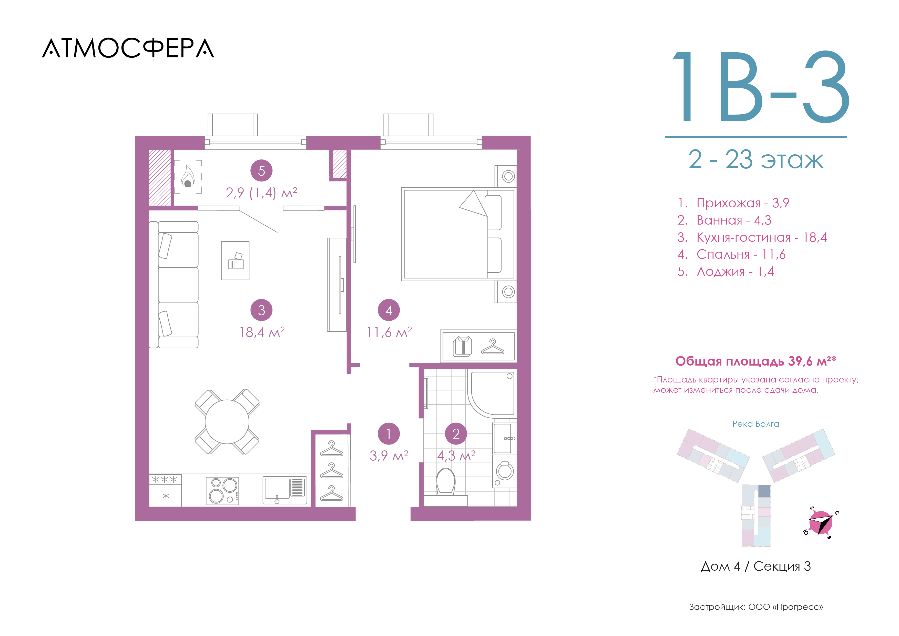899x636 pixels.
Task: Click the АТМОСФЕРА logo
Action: point(128,48)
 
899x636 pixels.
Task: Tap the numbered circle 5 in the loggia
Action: point(262,170)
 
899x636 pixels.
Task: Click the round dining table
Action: point(227,422)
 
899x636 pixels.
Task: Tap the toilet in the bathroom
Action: point(446,486)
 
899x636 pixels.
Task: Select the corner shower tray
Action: point(492,393)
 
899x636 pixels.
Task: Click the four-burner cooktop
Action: point(222,491)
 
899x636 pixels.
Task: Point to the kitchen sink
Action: point(285,490)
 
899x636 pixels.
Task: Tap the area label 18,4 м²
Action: point(262,332)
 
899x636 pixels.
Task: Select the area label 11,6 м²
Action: point(389,332)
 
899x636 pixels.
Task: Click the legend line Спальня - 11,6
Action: point(731,255)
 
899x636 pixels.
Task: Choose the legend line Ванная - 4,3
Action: point(724,220)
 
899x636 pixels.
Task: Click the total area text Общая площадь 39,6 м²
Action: point(756,361)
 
